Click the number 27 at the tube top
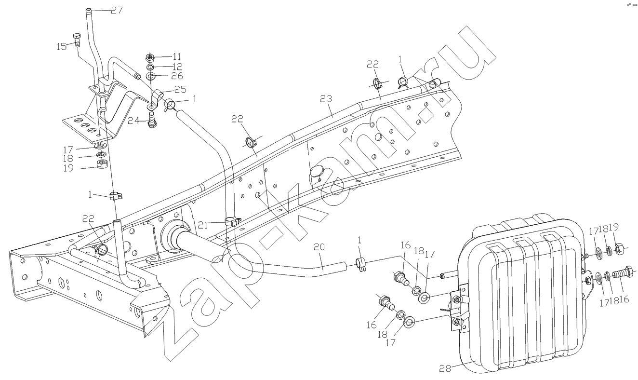coord(117,10)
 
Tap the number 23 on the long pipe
coord(327,99)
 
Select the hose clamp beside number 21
coord(232,223)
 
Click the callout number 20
coord(319,246)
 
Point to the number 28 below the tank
coord(445,368)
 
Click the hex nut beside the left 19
coord(101,165)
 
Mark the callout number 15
coord(62,46)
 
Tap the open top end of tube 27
coord(89,9)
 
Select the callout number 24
coord(134,121)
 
